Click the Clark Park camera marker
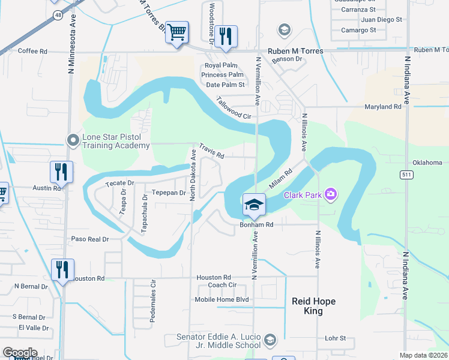tap(330, 194)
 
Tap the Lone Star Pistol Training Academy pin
tap(73, 140)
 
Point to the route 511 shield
tap(406, 174)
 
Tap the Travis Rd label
tap(211, 151)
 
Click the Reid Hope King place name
tap(313, 306)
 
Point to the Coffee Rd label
tap(32, 52)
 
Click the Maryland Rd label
tap(382, 107)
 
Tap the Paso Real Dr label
tap(90, 239)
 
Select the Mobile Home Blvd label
tap(221, 299)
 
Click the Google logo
tap(20, 353)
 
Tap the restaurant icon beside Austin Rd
tap(61, 172)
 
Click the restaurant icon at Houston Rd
tap(62, 269)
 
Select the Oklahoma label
tap(427, 163)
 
